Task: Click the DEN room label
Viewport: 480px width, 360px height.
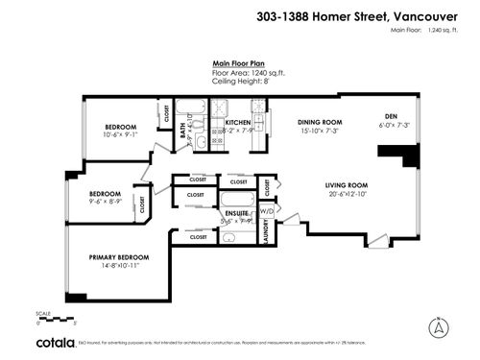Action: tap(391, 116)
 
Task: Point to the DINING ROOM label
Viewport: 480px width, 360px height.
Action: tap(320, 122)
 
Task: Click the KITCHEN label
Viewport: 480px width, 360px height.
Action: tap(238, 123)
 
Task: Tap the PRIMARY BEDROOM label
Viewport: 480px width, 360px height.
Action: tap(119, 256)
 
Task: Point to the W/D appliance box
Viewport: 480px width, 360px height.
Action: tap(266, 210)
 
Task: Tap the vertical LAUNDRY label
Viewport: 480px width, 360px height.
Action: tap(266, 235)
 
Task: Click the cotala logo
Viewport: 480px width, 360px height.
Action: tap(58, 341)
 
